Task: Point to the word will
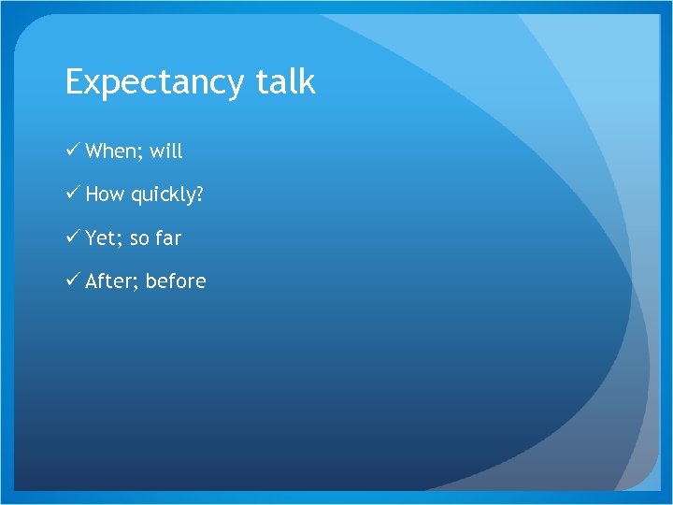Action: [166, 151]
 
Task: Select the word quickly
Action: [162, 195]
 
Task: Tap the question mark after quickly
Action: [198, 195]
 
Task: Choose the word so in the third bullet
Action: [139, 239]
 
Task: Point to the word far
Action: [168, 238]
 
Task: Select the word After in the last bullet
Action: [108, 281]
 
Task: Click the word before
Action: [176, 281]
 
